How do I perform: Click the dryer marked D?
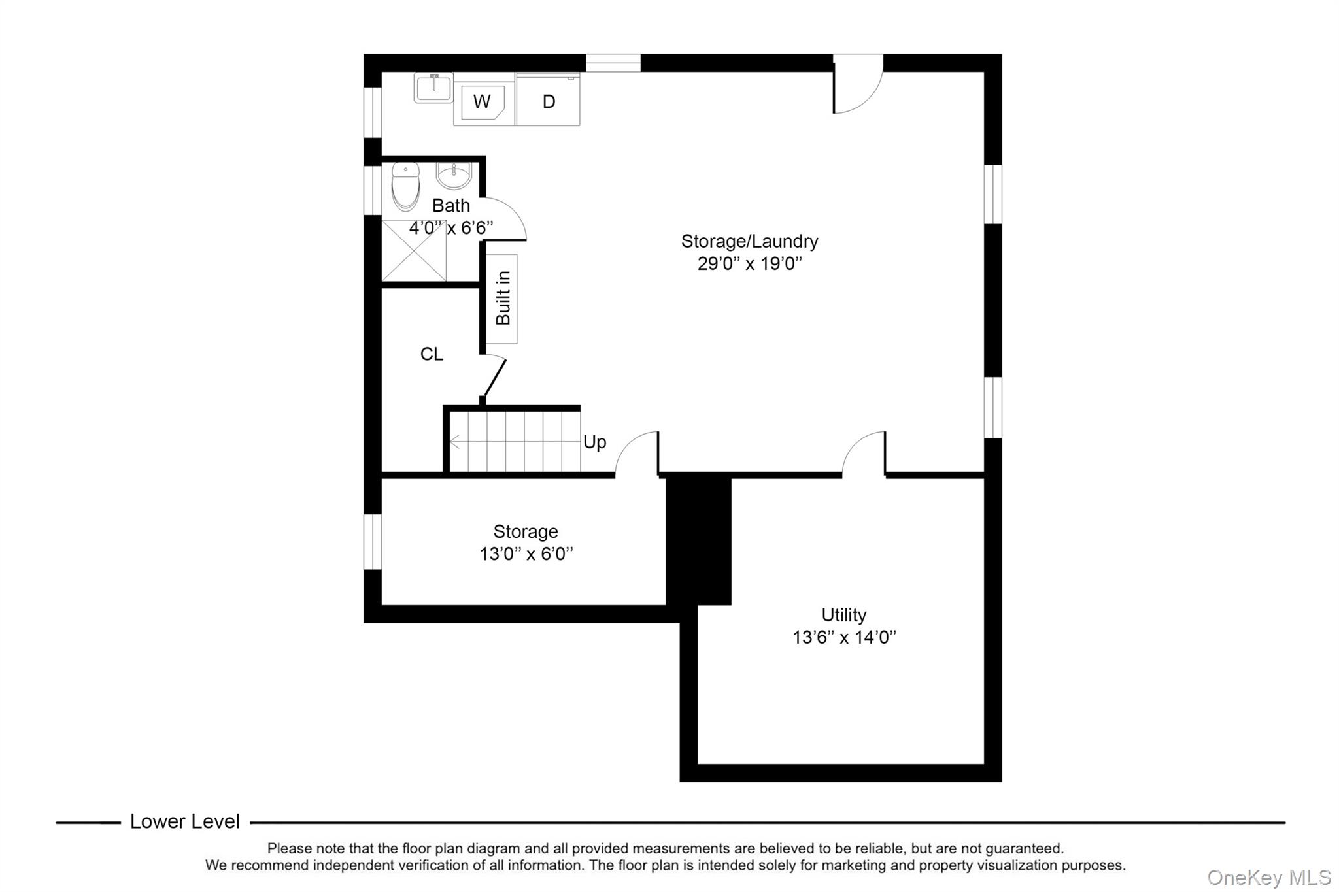click(549, 101)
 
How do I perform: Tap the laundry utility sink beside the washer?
click(433, 88)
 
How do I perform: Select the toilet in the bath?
click(405, 186)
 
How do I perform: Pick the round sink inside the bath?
click(453, 175)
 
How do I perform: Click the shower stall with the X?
click(414, 251)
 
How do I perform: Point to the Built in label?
click(503, 299)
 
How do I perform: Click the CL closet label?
click(432, 354)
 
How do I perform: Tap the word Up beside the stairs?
click(594, 442)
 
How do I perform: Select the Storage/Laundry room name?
click(749, 241)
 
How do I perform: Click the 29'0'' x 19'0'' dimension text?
click(749, 264)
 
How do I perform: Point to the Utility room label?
click(843, 615)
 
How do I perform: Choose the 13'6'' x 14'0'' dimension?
click(843, 637)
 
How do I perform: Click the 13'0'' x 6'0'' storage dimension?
click(526, 554)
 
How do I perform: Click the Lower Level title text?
click(185, 821)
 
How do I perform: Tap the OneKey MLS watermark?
click(1268, 877)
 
